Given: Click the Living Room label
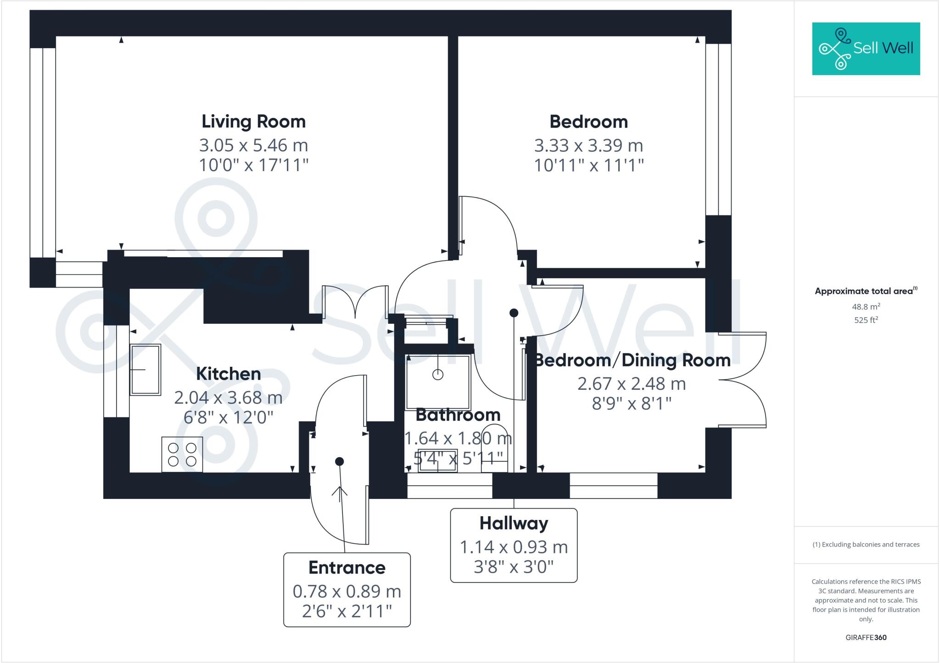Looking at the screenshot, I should pos(253,122).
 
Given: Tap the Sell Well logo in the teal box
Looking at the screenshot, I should pos(866,49).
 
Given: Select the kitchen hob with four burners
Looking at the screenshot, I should pos(182,454).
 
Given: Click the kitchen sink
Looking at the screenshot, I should pos(145,370).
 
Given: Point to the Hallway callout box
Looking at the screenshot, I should pos(514,545).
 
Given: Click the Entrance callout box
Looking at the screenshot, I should pos(347,589).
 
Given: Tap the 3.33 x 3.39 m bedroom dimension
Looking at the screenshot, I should pos(588,146).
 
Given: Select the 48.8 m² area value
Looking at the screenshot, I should pos(866,307).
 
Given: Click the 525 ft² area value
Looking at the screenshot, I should pos(866,320).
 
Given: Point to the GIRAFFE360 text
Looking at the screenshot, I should pos(866,637).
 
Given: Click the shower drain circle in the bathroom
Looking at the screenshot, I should pos(438,375).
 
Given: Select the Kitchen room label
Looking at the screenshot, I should pos(228,374).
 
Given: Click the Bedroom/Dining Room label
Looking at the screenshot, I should pos(632,360).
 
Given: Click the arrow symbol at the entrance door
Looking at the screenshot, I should pos(340,492).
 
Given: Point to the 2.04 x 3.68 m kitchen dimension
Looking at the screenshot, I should pos(228,398).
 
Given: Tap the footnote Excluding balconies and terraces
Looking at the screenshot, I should pos(866,545).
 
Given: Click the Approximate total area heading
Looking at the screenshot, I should pos(866,291).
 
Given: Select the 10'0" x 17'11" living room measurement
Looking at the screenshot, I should pos(253,165).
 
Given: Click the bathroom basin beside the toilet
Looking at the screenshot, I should pos(437,461).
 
